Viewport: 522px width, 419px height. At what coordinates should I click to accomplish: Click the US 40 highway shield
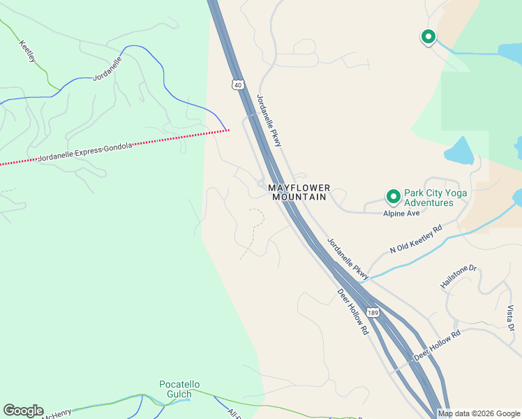pyautogui.click(x=239, y=84)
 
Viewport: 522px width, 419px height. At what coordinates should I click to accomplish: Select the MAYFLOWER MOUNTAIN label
pyautogui.click(x=299, y=193)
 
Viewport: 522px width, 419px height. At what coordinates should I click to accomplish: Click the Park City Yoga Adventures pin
pyautogui.click(x=393, y=197)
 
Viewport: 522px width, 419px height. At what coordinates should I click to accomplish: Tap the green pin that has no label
pyautogui.click(x=427, y=36)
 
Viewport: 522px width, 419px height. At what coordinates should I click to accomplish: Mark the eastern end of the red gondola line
pyautogui.click(x=228, y=130)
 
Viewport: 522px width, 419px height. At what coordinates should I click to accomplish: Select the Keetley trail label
pyautogui.click(x=28, y=52)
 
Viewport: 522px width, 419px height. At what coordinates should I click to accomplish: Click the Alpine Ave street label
pyautogui.click(x=401, y=213)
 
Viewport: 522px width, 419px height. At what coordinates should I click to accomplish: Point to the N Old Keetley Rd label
pyautogui.click(x=417, y=238)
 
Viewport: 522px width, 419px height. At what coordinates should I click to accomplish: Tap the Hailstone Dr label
pyautogui.click(x=458, y=277)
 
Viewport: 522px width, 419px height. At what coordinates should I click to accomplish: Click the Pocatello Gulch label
pyautogui.click(x=179, y=389)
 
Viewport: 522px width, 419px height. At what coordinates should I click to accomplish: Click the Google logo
pyautogui.click(x=23, y=411)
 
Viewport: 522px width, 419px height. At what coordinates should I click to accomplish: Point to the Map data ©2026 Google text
pyautogui.click(x=479, y=413)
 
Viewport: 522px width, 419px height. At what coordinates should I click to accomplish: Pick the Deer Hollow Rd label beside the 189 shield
pyautogui.click(x=352, y=311)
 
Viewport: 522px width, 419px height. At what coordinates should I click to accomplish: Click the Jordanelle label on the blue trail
pyautogui.click(x=107, y=69)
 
